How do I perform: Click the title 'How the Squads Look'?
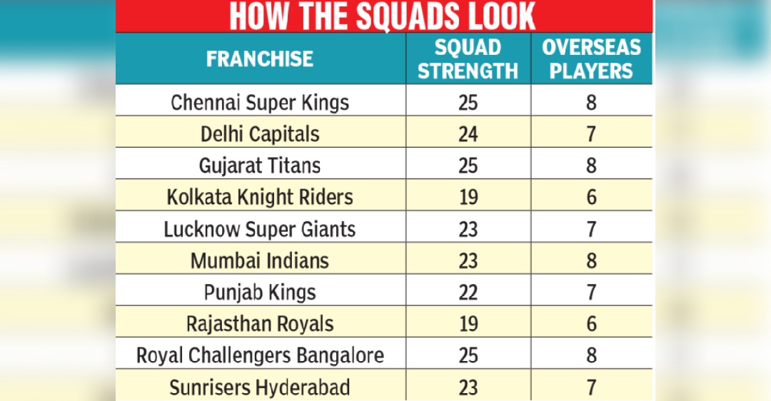tap(384, 16)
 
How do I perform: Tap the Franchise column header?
tap(260, 59)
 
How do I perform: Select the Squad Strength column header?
tap(468, 59)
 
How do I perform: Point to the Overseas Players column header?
tap(591, 59)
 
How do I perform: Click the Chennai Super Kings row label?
tap(260, 103)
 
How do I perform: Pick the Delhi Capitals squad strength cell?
tap(468, 134)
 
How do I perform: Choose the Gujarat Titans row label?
tap(260, 166)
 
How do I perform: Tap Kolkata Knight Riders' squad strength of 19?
tap(468, 197)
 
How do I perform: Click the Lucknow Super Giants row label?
tap(260, 229)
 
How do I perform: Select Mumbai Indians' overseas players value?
tap(591, 260)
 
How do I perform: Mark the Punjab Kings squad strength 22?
tap(468, 292)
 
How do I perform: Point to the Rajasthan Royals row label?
tap(260, 323)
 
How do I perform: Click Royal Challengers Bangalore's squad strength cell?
tap(468, 355)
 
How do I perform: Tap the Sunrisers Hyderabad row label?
tap(260, 387)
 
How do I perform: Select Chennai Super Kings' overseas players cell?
tap(591, 103)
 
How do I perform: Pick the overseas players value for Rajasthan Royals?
tap(591, 323)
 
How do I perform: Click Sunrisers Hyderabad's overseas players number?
tap(591, 387)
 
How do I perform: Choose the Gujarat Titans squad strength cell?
tap(468, 166)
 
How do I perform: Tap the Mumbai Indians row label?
tap(260, 260)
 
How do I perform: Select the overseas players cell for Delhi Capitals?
tap(591, 134)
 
